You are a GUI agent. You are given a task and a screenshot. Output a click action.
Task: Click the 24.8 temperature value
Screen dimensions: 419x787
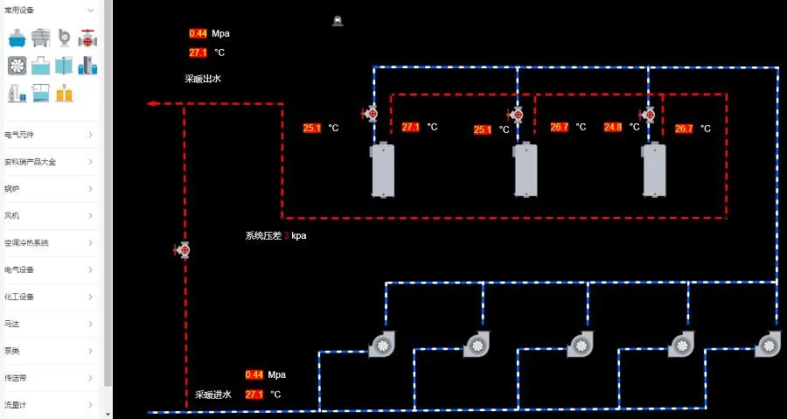tap(613, 127)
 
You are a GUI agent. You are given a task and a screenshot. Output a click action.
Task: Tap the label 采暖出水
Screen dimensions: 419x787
tap(202, 79)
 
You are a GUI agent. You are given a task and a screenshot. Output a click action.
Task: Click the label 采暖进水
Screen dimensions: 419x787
tap(213, 395)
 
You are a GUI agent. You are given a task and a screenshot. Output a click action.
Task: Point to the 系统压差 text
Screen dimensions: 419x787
tap(263, 235)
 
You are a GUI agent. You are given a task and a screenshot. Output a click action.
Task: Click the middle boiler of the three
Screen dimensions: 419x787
tap(525, 170)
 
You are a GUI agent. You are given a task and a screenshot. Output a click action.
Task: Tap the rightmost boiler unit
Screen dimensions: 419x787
tap(655, 170)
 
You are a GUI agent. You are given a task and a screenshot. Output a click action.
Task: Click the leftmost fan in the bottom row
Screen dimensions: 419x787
tap(382, 345)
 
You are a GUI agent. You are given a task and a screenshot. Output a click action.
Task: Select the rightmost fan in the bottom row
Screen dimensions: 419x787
tap(768, 345)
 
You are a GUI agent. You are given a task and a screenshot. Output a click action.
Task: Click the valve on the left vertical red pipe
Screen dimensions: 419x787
tap(183, 251)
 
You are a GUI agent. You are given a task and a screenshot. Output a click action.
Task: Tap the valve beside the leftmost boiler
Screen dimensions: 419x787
tap(370, 113)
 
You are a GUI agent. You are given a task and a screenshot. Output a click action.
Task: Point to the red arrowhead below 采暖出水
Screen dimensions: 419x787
tap(151, 103)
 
